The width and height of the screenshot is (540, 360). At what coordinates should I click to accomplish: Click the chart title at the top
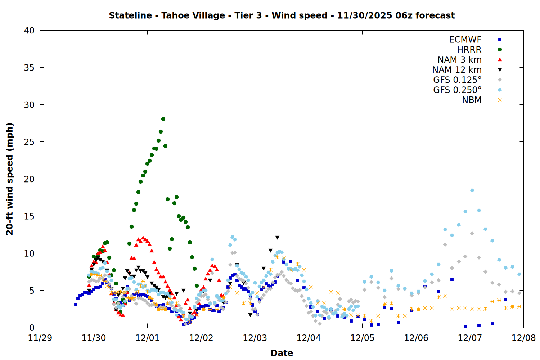pyautogui.click(x=282, y=15)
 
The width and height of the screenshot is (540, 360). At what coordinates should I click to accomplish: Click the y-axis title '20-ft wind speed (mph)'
pyautogui.click(x=10, y=179)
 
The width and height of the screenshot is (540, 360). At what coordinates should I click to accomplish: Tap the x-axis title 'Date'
pyautogui.click(x=282, y=353)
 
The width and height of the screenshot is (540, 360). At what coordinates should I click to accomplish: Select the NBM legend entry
pyautogui.click(x=472, y=100)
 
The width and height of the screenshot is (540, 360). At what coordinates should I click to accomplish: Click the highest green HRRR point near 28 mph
pyautogui.click(x=163, y=119)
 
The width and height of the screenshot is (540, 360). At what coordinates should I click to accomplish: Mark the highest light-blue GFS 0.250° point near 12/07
pyautogui.click(x=472, y=190)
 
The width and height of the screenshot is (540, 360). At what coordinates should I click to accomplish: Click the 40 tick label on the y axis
pyautogui.click(x=29, y=31)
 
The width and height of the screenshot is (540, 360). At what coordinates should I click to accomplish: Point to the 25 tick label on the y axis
pyautogui.click(x=29, y=142)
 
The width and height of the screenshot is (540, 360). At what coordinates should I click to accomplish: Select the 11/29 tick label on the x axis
pyautogui.click(x=40, y=338)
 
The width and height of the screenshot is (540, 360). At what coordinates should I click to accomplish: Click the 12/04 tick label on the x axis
pyautogui.click(x=309, y=338)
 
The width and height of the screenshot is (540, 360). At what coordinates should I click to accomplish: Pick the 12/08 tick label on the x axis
pyautogui.click(x=523, y=338)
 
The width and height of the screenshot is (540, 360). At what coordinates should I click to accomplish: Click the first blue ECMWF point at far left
pyautogui.click(x=76, y=304)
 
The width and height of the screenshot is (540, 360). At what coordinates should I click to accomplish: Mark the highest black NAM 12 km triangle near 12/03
pyautogui.click(x=277, y=238)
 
